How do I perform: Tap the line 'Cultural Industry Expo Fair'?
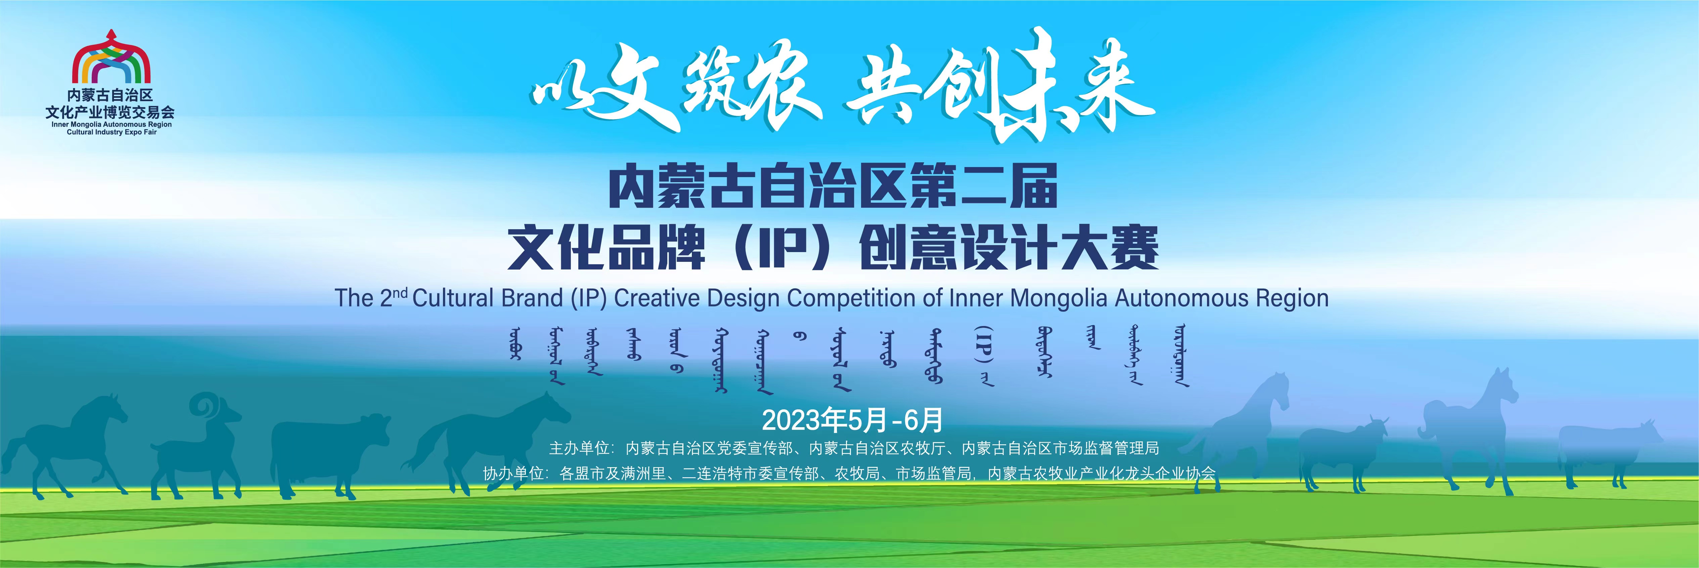point(111,132)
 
